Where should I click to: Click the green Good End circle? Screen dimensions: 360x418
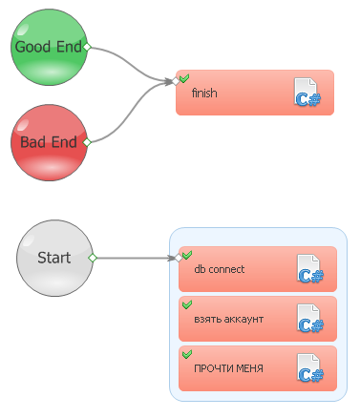tap(49, 47)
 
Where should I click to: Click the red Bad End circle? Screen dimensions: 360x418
tap(49, 142)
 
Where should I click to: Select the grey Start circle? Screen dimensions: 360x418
tap(54, 258)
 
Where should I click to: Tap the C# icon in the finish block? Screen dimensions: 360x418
tap(307, 92)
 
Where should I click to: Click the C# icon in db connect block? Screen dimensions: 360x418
tap(310, 269)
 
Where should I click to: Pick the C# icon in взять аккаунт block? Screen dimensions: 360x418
tap(310, 319)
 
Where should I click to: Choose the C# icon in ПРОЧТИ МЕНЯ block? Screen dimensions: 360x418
tap(310, 368)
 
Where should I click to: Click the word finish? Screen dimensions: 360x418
tap(204, 93)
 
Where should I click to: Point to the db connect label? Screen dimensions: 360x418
tap(220, 269)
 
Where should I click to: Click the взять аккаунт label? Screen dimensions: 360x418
tap(229, 319)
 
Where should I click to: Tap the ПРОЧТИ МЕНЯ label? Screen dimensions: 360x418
tap(228, 368)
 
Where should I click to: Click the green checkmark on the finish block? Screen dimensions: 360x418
tap(184, 78)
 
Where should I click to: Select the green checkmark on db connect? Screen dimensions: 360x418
tap(187, 255)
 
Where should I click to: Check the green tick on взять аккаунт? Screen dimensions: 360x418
tap(187, 304)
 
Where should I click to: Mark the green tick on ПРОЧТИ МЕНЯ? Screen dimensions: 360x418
tap(187, 354)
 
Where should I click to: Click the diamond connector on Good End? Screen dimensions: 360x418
tap(87, 47)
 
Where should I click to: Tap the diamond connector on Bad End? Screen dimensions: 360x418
tap(87, 142)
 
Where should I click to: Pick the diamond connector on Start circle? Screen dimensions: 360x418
tap(93, 258)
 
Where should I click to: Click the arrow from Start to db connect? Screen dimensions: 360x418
tap(136, 258)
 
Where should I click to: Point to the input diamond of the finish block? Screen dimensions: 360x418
tap(176, 81)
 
